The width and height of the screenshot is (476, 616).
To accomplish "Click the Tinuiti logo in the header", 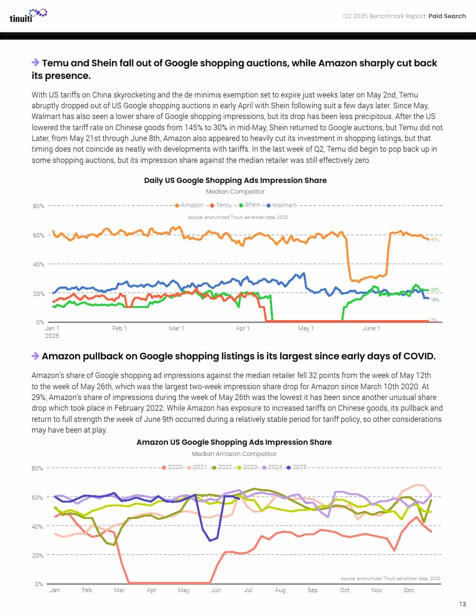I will pos(28,15).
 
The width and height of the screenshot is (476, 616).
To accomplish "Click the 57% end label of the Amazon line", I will pos(434,240).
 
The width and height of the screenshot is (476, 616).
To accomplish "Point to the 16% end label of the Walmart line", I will pos(434,300).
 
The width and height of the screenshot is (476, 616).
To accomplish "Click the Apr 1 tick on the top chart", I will pos(243,329).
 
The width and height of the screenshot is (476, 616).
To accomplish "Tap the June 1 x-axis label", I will pos(371,329).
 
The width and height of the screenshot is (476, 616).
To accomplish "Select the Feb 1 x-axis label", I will pos(119,329).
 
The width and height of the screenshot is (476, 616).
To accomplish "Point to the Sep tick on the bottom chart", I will pos(312,590).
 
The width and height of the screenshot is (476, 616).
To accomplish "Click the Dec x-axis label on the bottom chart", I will pos(409,590).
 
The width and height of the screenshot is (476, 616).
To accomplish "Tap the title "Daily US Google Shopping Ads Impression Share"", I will pos(235,181).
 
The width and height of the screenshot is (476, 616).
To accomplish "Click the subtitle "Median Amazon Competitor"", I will pos(234,454).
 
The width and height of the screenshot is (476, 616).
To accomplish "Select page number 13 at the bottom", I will pos(462,604).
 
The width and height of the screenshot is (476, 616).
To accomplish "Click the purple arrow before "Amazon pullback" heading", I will pos(35,356).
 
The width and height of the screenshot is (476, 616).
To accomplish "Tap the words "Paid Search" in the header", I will pos(447,16).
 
